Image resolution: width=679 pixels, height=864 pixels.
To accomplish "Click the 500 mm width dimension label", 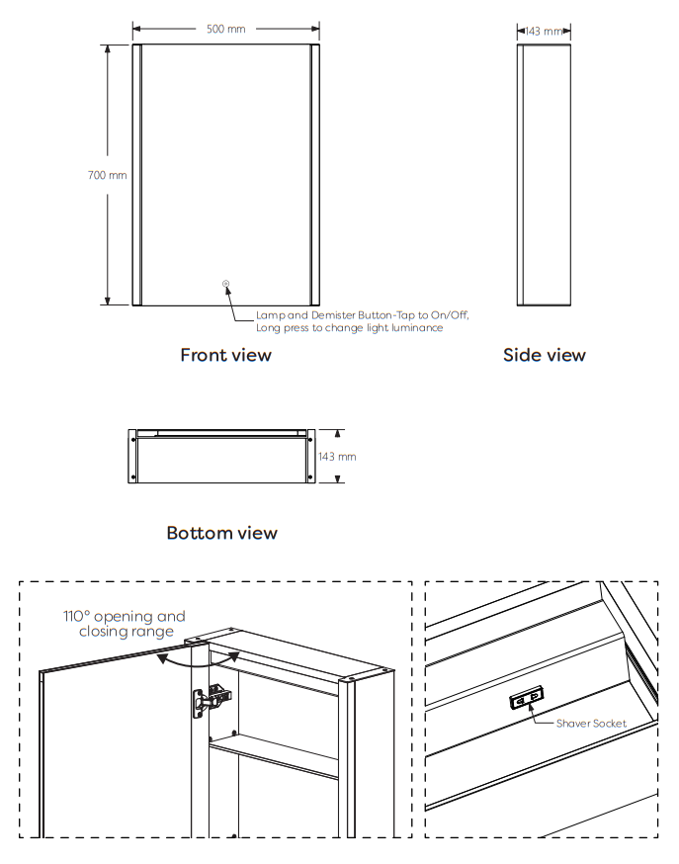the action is pyautogui.click(x=225, y=29).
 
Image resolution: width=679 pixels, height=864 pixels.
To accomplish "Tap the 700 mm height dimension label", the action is pyautogui.click(x=108, y=175).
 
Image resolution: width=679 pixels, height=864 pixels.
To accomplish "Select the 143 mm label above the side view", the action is pyautogui.click(x=544, y=32).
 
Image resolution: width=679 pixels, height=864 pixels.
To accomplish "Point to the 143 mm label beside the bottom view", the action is pyautogui.click(x=337, y=457).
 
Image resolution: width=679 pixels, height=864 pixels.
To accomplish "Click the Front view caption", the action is pyautogui.click(x=225, y=355).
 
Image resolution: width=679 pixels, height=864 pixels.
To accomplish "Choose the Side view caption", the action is pyautogui.click(x=544, y=355).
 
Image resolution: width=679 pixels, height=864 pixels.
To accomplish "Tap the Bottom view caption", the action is pyautogui.click(x=222, y=533).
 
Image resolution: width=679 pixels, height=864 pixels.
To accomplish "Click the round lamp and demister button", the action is pyautogui.click(x=225, y=284).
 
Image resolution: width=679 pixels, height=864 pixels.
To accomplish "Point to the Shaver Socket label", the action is pyautogui.click(x=591, y=724).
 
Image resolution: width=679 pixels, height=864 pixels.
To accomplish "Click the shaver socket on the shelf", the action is pyautogui.click(x=527, y=698).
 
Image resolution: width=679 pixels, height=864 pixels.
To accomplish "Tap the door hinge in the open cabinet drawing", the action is pyautogui.click(x=212, y=701).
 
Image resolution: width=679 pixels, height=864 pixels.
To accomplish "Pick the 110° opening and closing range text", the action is pyautogui.click(x=125, y=624).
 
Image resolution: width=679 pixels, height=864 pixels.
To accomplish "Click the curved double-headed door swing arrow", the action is pyautogui.click(x=199, y=665).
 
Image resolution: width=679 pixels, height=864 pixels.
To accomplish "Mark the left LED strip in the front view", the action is pyautogui.click(x=137, y=175).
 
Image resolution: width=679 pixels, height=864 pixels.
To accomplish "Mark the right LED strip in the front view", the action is pyautogui.click(x=315, y=175).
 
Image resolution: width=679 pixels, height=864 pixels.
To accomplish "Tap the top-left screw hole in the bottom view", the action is pyautogui.click(x=132, y=440).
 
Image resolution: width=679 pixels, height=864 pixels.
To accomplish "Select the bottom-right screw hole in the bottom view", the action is pyautogui.click(x=310, y=477).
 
